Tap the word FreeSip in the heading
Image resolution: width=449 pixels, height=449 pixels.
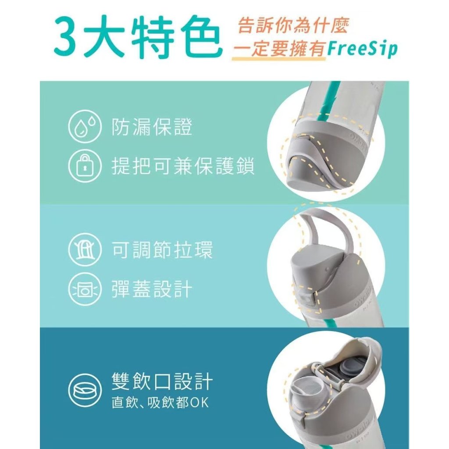(x=362, y=49)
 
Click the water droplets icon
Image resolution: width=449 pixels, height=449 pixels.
(x=85, y=127)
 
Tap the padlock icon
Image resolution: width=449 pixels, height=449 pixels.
(x=85, y=166)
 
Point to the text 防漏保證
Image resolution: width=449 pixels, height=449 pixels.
(x=151, y=127)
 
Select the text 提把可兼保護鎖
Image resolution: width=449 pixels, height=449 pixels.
(x=183, y=166)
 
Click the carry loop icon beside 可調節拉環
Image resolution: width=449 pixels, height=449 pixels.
(x=85, y=249)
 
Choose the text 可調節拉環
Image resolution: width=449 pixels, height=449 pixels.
(x=162, y=249)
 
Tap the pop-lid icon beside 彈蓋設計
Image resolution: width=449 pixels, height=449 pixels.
(x=85, y=289)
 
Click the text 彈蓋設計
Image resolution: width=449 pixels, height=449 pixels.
(x=151, y=289)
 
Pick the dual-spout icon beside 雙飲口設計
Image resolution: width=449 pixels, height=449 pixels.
(x=85, y=390)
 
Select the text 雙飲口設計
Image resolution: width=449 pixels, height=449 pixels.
(x=162, y=381)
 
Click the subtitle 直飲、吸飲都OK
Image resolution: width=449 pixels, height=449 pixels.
(x=160, y=403)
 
